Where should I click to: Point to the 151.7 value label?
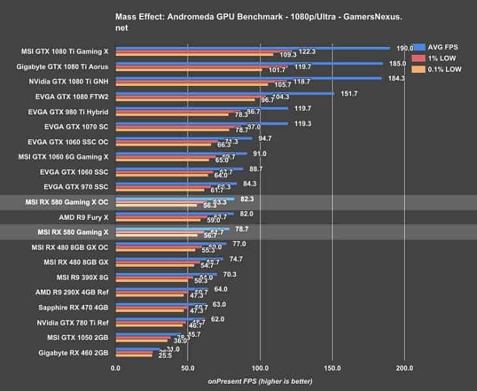coord(349,94)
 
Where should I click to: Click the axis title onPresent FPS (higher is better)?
coord(260,381)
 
